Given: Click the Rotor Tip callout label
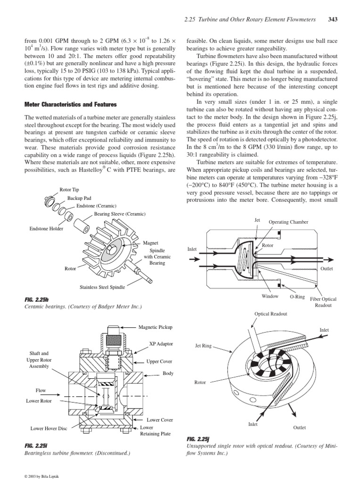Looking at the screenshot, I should (69, 190).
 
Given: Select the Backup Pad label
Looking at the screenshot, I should (79, 198).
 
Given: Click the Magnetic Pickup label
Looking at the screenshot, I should (156, 326).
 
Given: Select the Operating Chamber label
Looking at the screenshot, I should (288, 222).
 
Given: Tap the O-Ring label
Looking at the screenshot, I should (297, 296).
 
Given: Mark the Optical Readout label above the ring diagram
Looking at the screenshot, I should (271, 314).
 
